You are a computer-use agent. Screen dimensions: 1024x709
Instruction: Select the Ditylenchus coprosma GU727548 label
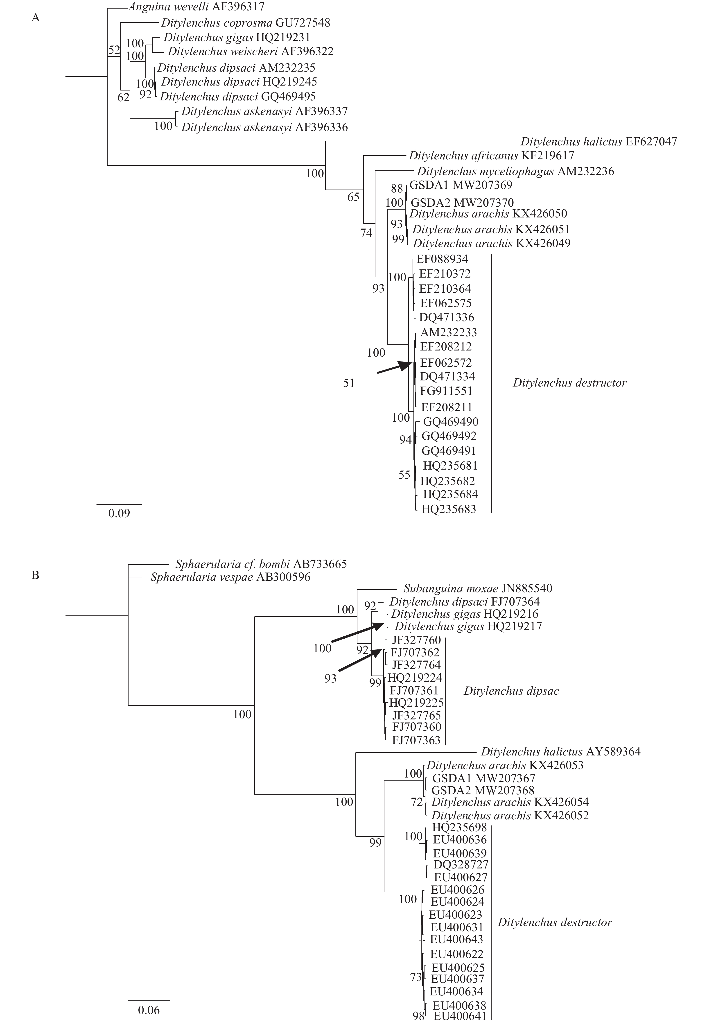(246, 23)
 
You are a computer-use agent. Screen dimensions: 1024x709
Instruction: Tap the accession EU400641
(460, 1016)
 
